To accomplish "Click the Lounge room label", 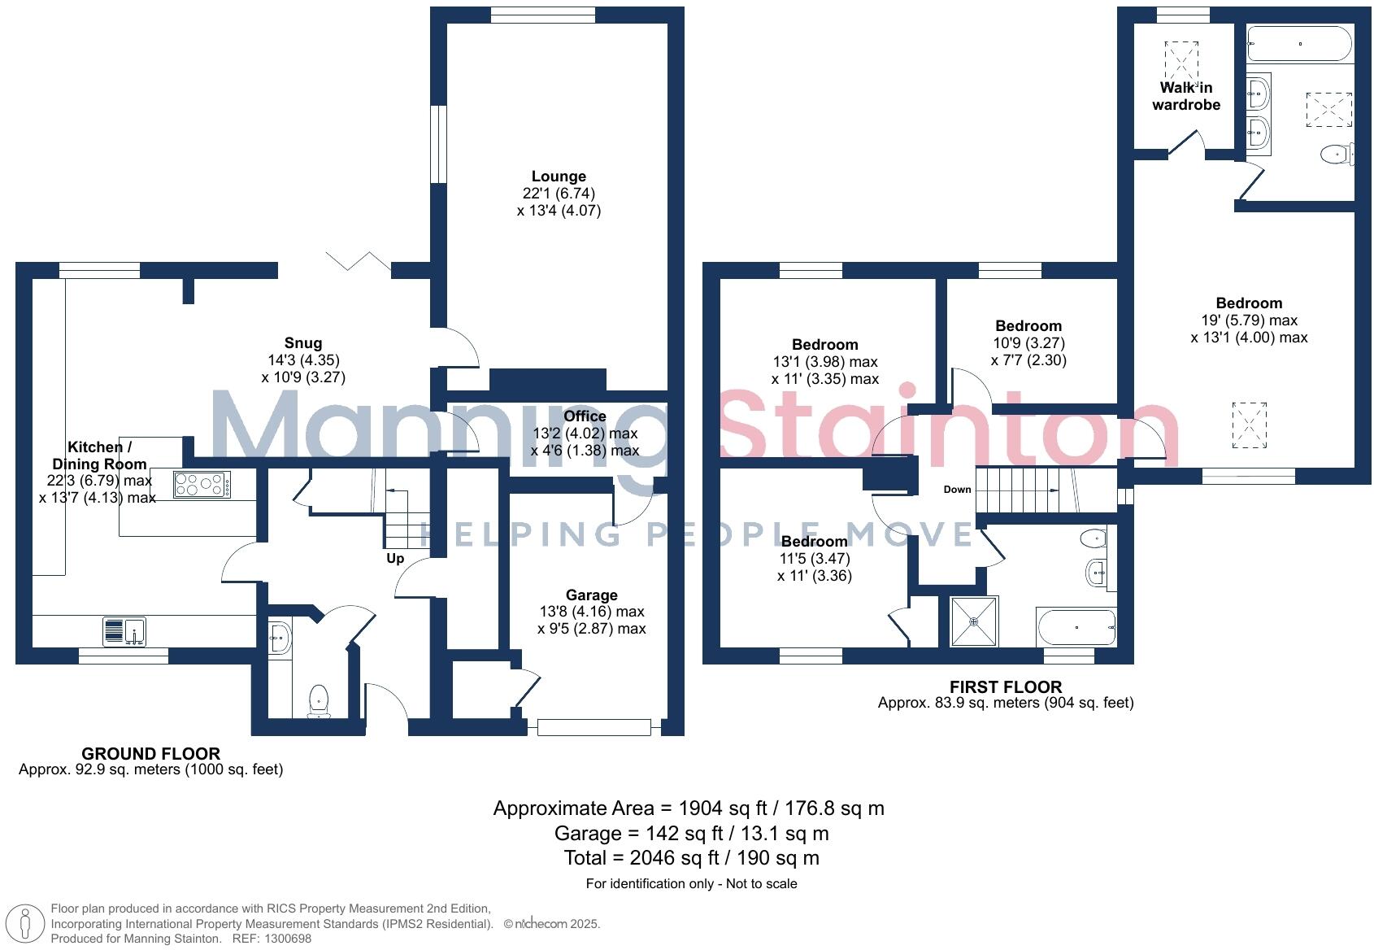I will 559,176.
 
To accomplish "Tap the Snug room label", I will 302,343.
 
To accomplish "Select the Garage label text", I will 591,595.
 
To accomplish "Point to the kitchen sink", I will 124,631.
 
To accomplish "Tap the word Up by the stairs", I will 395,559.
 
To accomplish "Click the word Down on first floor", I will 957,490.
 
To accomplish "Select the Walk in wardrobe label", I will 1186,96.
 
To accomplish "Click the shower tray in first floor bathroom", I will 974,621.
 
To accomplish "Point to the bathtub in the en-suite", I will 1299,43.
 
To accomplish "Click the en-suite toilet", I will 1335,154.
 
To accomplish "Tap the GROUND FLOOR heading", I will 151,754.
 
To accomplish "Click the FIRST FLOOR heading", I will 1006,686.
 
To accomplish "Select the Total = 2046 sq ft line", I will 691,858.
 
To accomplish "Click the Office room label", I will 585,416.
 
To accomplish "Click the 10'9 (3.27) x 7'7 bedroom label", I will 1028,326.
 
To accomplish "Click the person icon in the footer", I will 26,924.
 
